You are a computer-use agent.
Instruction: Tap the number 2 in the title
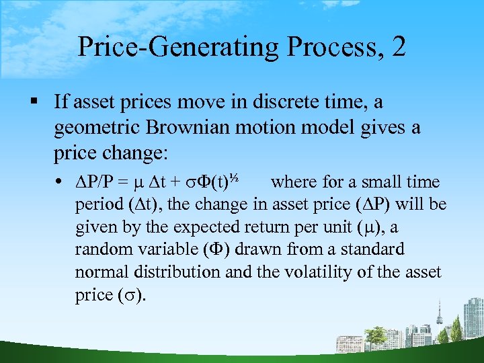[x=397, y=47]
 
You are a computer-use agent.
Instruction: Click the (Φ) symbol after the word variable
[x=210, y=249]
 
